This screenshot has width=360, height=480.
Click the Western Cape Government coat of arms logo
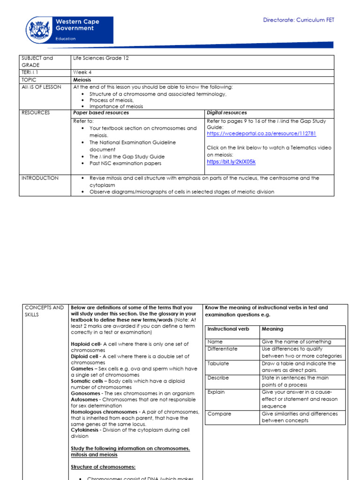[x=40, y=29]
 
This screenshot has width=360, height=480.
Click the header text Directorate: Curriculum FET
[x=299, y=20]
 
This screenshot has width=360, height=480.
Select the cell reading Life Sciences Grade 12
[x=100, y=58]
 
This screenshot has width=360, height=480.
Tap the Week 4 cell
[x=82, y=73]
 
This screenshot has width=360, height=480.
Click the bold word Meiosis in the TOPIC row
[x=82, y=80]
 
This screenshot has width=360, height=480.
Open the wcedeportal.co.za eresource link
[x=261, y=134]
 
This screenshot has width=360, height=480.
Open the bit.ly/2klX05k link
[x=231, y=162]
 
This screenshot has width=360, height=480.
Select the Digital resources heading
[x=227, y=113]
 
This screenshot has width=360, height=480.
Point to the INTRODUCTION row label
[x=40, y=178]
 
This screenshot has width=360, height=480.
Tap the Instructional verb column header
[x=228, y=329]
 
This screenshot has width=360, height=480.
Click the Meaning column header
[x=272, y=329]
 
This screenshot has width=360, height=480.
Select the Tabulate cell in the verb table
[x=219, y=364]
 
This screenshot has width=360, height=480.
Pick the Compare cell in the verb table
[x=219, y=414]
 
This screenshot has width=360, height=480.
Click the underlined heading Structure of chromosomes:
[x=103, y=467]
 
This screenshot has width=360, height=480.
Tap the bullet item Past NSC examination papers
[x=125, y=164]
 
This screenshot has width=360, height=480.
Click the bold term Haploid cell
[x=86, y=344]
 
